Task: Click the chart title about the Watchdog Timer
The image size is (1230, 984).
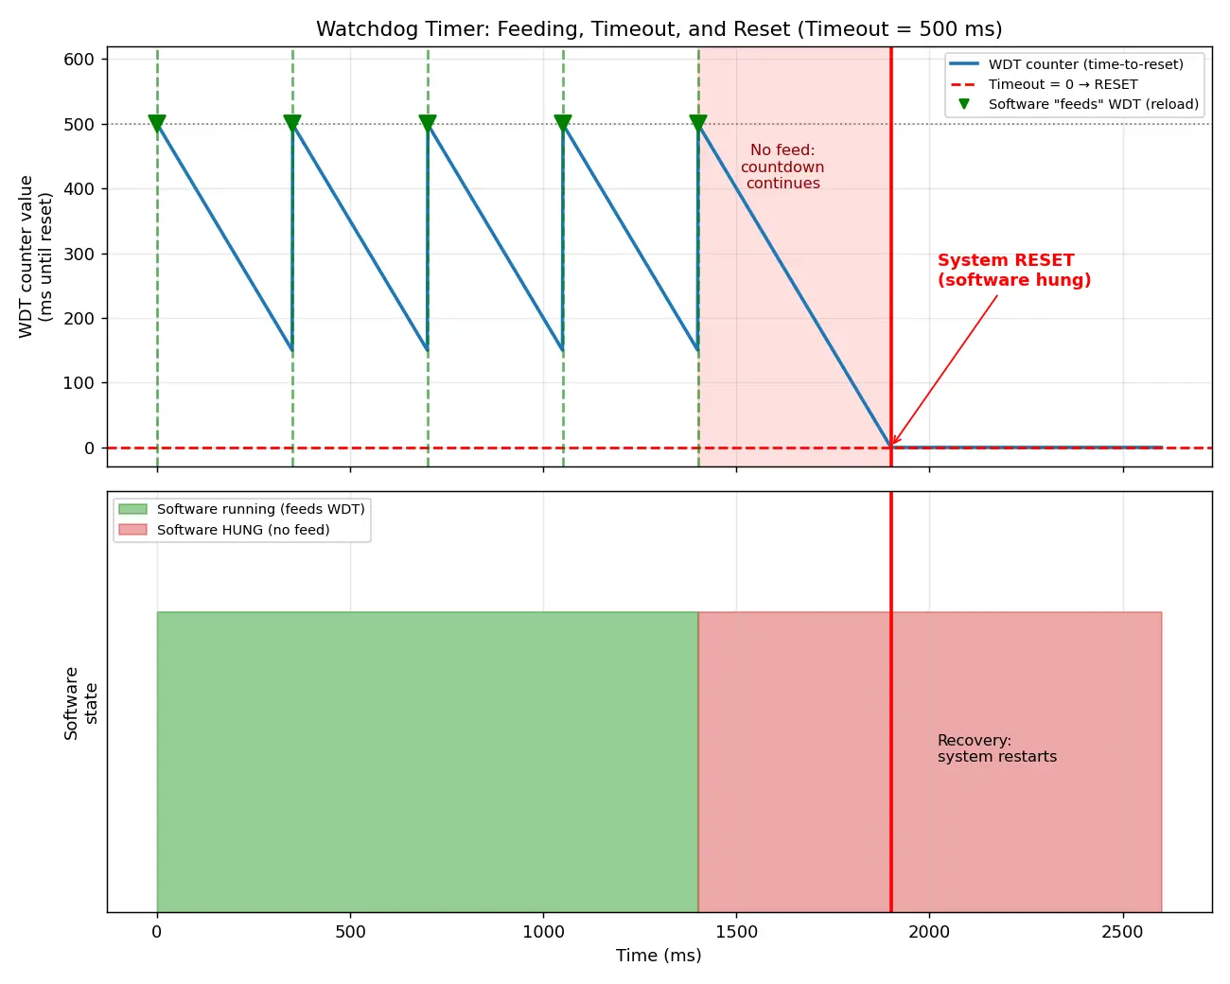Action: tap(659, 28)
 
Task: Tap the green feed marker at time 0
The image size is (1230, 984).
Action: tap(157, 123)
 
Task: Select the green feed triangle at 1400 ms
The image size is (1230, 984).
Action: tap(698, 123)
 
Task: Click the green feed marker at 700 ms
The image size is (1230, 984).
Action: tap(428, 123)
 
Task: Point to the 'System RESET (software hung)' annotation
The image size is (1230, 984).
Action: tap(1014, 270)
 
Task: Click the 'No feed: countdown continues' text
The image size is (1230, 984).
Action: tap(782, 167)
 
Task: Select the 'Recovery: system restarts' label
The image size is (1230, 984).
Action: tap(997, 748)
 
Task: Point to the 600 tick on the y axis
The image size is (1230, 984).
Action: tap(79, 60)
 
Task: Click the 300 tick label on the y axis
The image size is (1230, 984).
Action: tap(79, 254)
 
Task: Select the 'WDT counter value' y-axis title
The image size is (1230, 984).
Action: tap(26, 256)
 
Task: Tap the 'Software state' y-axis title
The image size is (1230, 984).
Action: tap(80, 703)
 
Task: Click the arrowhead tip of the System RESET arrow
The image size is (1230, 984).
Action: tap(892, 446)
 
